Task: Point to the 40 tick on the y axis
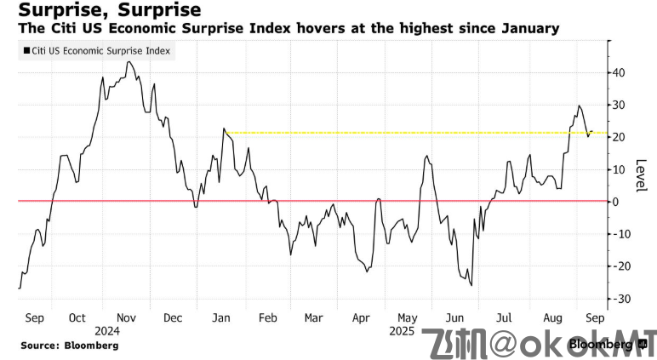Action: coord(623,72)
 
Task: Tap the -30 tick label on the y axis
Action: coord(624,299)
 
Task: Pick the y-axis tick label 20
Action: coord(623,137)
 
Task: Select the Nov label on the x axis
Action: coord(126,317)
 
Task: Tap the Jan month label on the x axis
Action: coord(220,317)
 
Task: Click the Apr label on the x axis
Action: coord(361,317)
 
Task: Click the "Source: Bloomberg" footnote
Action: coord(69,346)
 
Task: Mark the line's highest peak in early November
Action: coord(128,62)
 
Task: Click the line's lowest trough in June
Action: coord(471,285)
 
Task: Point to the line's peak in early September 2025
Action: coord(579,106)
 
